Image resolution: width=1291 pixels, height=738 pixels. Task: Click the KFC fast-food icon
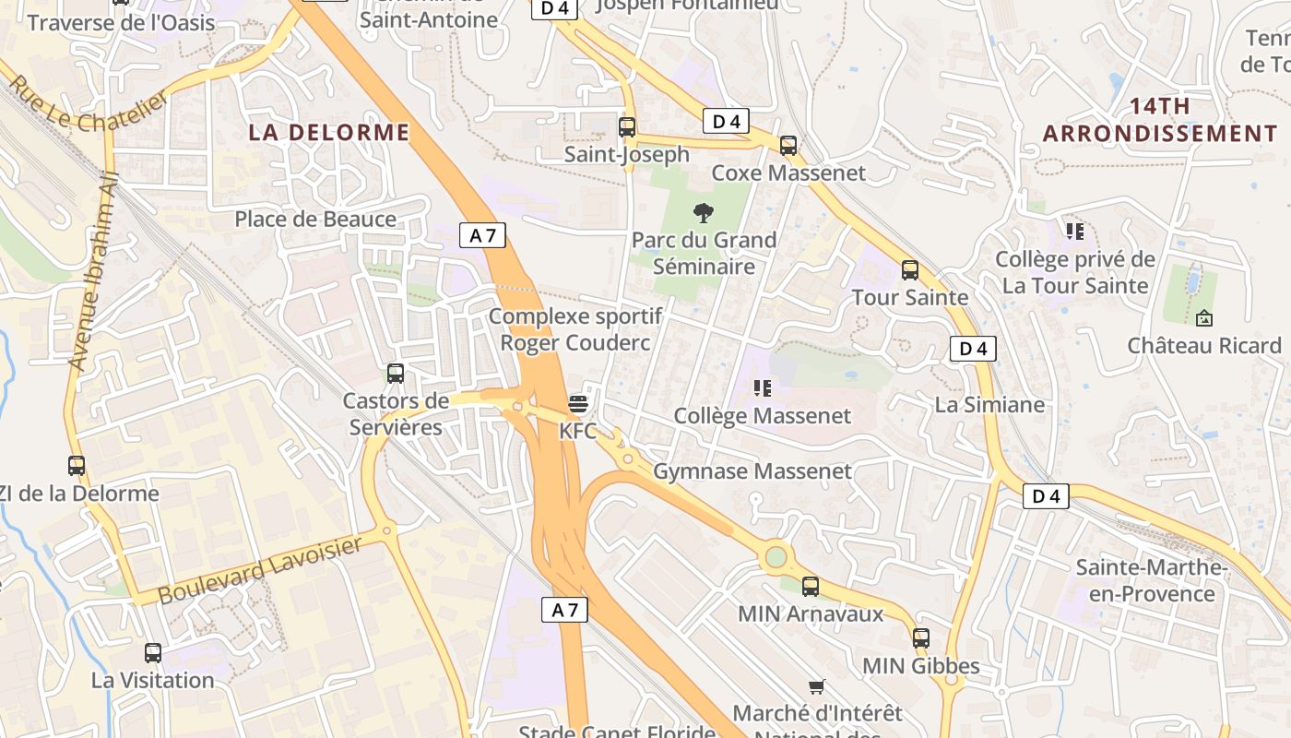[x=578, y=403]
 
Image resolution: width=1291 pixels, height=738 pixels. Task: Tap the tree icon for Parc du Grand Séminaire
[x=703, y=214]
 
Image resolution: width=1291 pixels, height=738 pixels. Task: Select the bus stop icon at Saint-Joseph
[x=627, y=127]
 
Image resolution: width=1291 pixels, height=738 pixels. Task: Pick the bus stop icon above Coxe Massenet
[x=788, y=146]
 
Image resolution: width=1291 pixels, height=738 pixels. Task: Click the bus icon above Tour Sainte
[x=910, y=270]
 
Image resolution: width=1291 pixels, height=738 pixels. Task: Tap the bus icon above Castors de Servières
[x=396, y=374]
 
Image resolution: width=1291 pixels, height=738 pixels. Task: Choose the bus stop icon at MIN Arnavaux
[x=811, y=586]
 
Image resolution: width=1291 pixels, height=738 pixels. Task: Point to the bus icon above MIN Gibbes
[x=921, y=638]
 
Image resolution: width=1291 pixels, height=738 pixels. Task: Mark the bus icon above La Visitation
[x=153, y=653]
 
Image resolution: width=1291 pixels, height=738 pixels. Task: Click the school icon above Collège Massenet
[x=762, y=388]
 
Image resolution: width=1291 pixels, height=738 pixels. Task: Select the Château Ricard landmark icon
[x=1203, y=319]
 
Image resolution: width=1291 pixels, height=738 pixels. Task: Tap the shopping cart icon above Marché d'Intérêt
[x=816, y=686]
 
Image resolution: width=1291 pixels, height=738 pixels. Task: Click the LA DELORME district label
[x=329, y=132]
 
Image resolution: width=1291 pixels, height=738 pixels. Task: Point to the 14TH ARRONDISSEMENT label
[x=1160, y=120]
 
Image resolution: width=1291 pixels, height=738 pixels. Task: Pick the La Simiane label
[x=989, y=404]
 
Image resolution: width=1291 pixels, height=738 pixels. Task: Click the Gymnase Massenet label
[x=752, y=471]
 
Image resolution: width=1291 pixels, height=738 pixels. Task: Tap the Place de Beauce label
[x=315, y=219]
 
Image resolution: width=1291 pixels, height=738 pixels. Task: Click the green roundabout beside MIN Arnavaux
[x=776, y=557]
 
